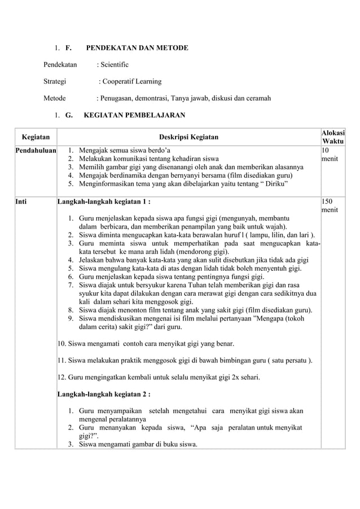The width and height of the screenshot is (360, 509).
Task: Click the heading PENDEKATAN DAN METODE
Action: click(133, 49)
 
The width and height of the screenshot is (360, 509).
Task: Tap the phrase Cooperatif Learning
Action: click(131, 81)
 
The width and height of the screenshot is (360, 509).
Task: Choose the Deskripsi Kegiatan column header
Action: click(188, 136)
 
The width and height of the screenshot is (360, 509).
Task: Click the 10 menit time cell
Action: click(330, 155)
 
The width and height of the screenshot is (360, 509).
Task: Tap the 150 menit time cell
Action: click(330, 205)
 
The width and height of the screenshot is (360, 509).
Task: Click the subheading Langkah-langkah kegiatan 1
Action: click(104, 200)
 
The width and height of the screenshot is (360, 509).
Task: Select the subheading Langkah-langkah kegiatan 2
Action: click(104, 394)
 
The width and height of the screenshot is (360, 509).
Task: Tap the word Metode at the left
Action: click(55, 98)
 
